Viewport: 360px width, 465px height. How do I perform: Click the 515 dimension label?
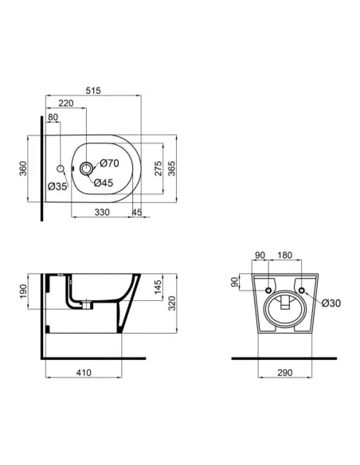95,92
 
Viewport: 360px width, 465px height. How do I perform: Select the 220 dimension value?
66,104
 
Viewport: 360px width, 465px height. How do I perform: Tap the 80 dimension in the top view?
53,118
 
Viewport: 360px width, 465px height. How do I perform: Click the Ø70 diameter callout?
109,163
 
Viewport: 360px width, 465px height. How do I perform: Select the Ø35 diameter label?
57,186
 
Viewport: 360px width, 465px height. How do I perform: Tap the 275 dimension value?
158,169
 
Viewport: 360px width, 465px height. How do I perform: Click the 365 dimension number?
182,169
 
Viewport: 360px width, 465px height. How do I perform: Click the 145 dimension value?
158,286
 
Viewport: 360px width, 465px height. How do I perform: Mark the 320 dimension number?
182,303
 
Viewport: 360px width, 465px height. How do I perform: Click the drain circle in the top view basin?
85,168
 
